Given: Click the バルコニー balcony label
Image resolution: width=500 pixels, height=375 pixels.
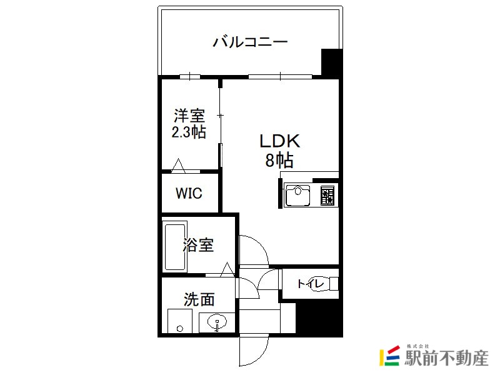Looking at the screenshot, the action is coord(251,42).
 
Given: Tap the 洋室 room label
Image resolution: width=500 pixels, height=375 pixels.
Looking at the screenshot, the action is coord(189,116).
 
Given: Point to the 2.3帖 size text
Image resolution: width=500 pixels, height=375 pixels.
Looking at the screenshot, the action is coord(189,132).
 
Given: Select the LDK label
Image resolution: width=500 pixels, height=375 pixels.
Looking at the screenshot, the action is coord(280,141).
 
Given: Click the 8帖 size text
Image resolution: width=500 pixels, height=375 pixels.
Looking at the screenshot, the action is coord(279,160).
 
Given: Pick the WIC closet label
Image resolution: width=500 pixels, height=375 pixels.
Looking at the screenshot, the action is coord(189,193).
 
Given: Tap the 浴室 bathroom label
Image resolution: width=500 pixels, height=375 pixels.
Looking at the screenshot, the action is coord(198,245).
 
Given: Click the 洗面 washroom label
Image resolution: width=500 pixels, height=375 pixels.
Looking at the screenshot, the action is coord(199,299).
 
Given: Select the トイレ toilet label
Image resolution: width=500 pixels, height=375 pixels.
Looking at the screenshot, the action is coord(311,284).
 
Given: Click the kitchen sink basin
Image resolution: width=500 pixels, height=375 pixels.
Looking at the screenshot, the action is coord(297,195).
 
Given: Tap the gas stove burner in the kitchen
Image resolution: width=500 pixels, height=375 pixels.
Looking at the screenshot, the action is coord(327,195).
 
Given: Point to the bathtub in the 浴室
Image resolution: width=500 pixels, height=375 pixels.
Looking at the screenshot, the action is coord(175,247).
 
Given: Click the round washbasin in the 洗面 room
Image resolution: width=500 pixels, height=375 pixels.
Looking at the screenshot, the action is coord(217,321).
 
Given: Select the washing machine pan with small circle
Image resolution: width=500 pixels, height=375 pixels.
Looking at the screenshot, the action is coord(180,321).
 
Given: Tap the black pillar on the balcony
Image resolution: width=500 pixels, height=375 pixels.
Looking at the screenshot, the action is coord(332,63).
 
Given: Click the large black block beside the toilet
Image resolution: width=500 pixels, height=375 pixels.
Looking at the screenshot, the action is coord(319,318).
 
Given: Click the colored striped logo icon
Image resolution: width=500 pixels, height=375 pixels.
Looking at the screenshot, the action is coord(389,356).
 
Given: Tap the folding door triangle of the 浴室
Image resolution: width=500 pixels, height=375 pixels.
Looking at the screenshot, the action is coord(227,269).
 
